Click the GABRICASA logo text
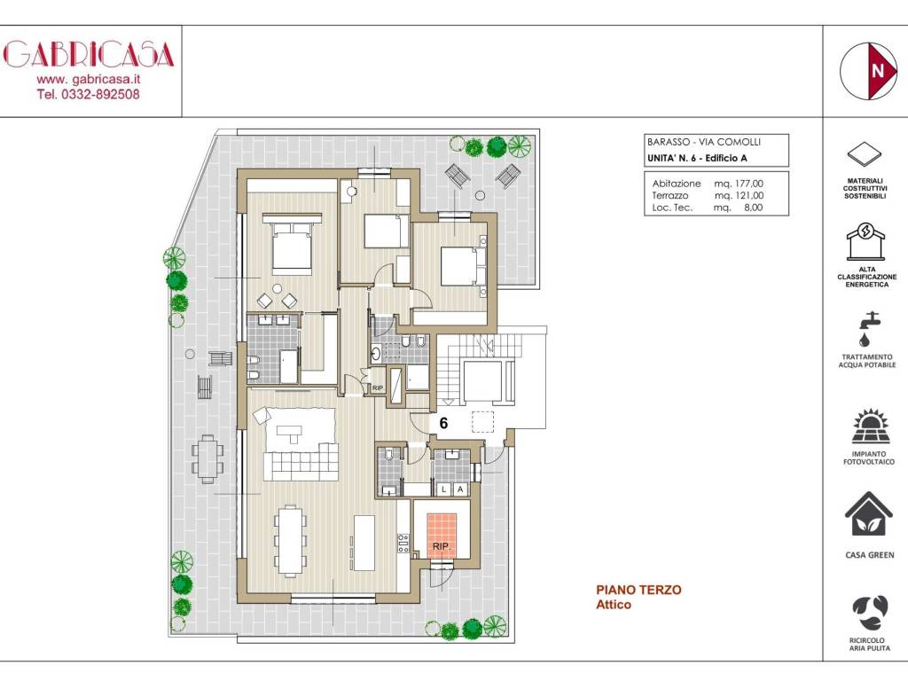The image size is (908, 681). [x=90, y=54]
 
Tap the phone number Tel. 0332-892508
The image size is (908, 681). [x=89, y=94]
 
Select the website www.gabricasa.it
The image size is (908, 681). [x=89, y=79]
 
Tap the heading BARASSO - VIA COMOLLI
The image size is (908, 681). [x=703, y=142]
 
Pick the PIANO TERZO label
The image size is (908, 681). [x=638, y=590]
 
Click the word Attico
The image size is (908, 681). [x=614, y=605]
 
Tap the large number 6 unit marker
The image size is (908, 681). [x=443, y=424]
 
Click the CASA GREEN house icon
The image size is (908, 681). [x=866, y=514]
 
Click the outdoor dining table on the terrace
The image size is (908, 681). [x=207, y=458]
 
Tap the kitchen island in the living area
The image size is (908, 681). [x=364, y=542]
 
